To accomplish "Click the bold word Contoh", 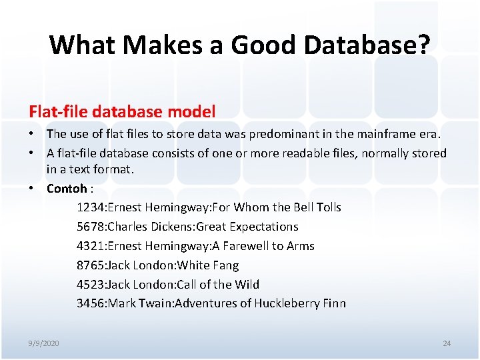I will coord(67,188).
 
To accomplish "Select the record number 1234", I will coord(91,207).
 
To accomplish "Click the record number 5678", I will coord(91,227).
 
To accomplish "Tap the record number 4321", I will coord(91,246).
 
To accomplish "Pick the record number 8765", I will coord(91,265).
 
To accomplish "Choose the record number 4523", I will coord(91,285).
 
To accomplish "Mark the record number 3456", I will coord(91,304).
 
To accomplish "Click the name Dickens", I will coord(172,227).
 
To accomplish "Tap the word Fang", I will coord(225,265).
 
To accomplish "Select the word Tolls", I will coord(327,207).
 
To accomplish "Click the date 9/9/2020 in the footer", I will coord(44,343).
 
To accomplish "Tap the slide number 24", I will coord(447,343).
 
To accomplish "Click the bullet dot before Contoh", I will coord(32,188).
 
